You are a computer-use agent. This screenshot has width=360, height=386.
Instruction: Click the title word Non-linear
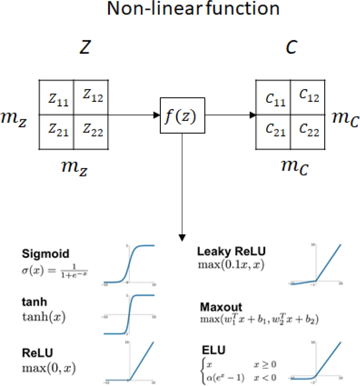click(x=145, y=10)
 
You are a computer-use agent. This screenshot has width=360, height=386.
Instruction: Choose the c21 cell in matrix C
click(x=273, y=131)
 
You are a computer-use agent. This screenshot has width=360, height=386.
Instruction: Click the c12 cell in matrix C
click(x=308, y=97)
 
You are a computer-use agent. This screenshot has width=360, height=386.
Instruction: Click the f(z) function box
click(x=182, y=116)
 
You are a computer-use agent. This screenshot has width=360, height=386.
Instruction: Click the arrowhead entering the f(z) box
click(x=156, y=116)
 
